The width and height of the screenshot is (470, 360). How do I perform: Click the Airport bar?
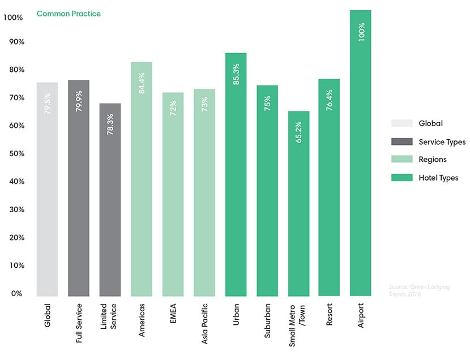[361, 153]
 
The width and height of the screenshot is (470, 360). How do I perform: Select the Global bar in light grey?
[47, 190]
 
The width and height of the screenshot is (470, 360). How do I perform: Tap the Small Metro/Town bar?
[298, 204]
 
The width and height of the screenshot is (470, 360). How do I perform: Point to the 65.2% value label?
[298, 129]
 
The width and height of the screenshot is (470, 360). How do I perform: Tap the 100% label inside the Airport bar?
[361, 31]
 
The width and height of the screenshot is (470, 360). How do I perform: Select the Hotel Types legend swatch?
[401, 178]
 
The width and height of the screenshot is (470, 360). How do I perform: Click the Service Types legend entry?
[442, 142]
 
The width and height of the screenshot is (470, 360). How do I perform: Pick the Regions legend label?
[433, 160]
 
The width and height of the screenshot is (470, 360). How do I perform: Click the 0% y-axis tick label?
[15, 293]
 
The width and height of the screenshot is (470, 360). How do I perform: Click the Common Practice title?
[69, 14]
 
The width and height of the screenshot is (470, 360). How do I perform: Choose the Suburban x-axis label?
[267, 322]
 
